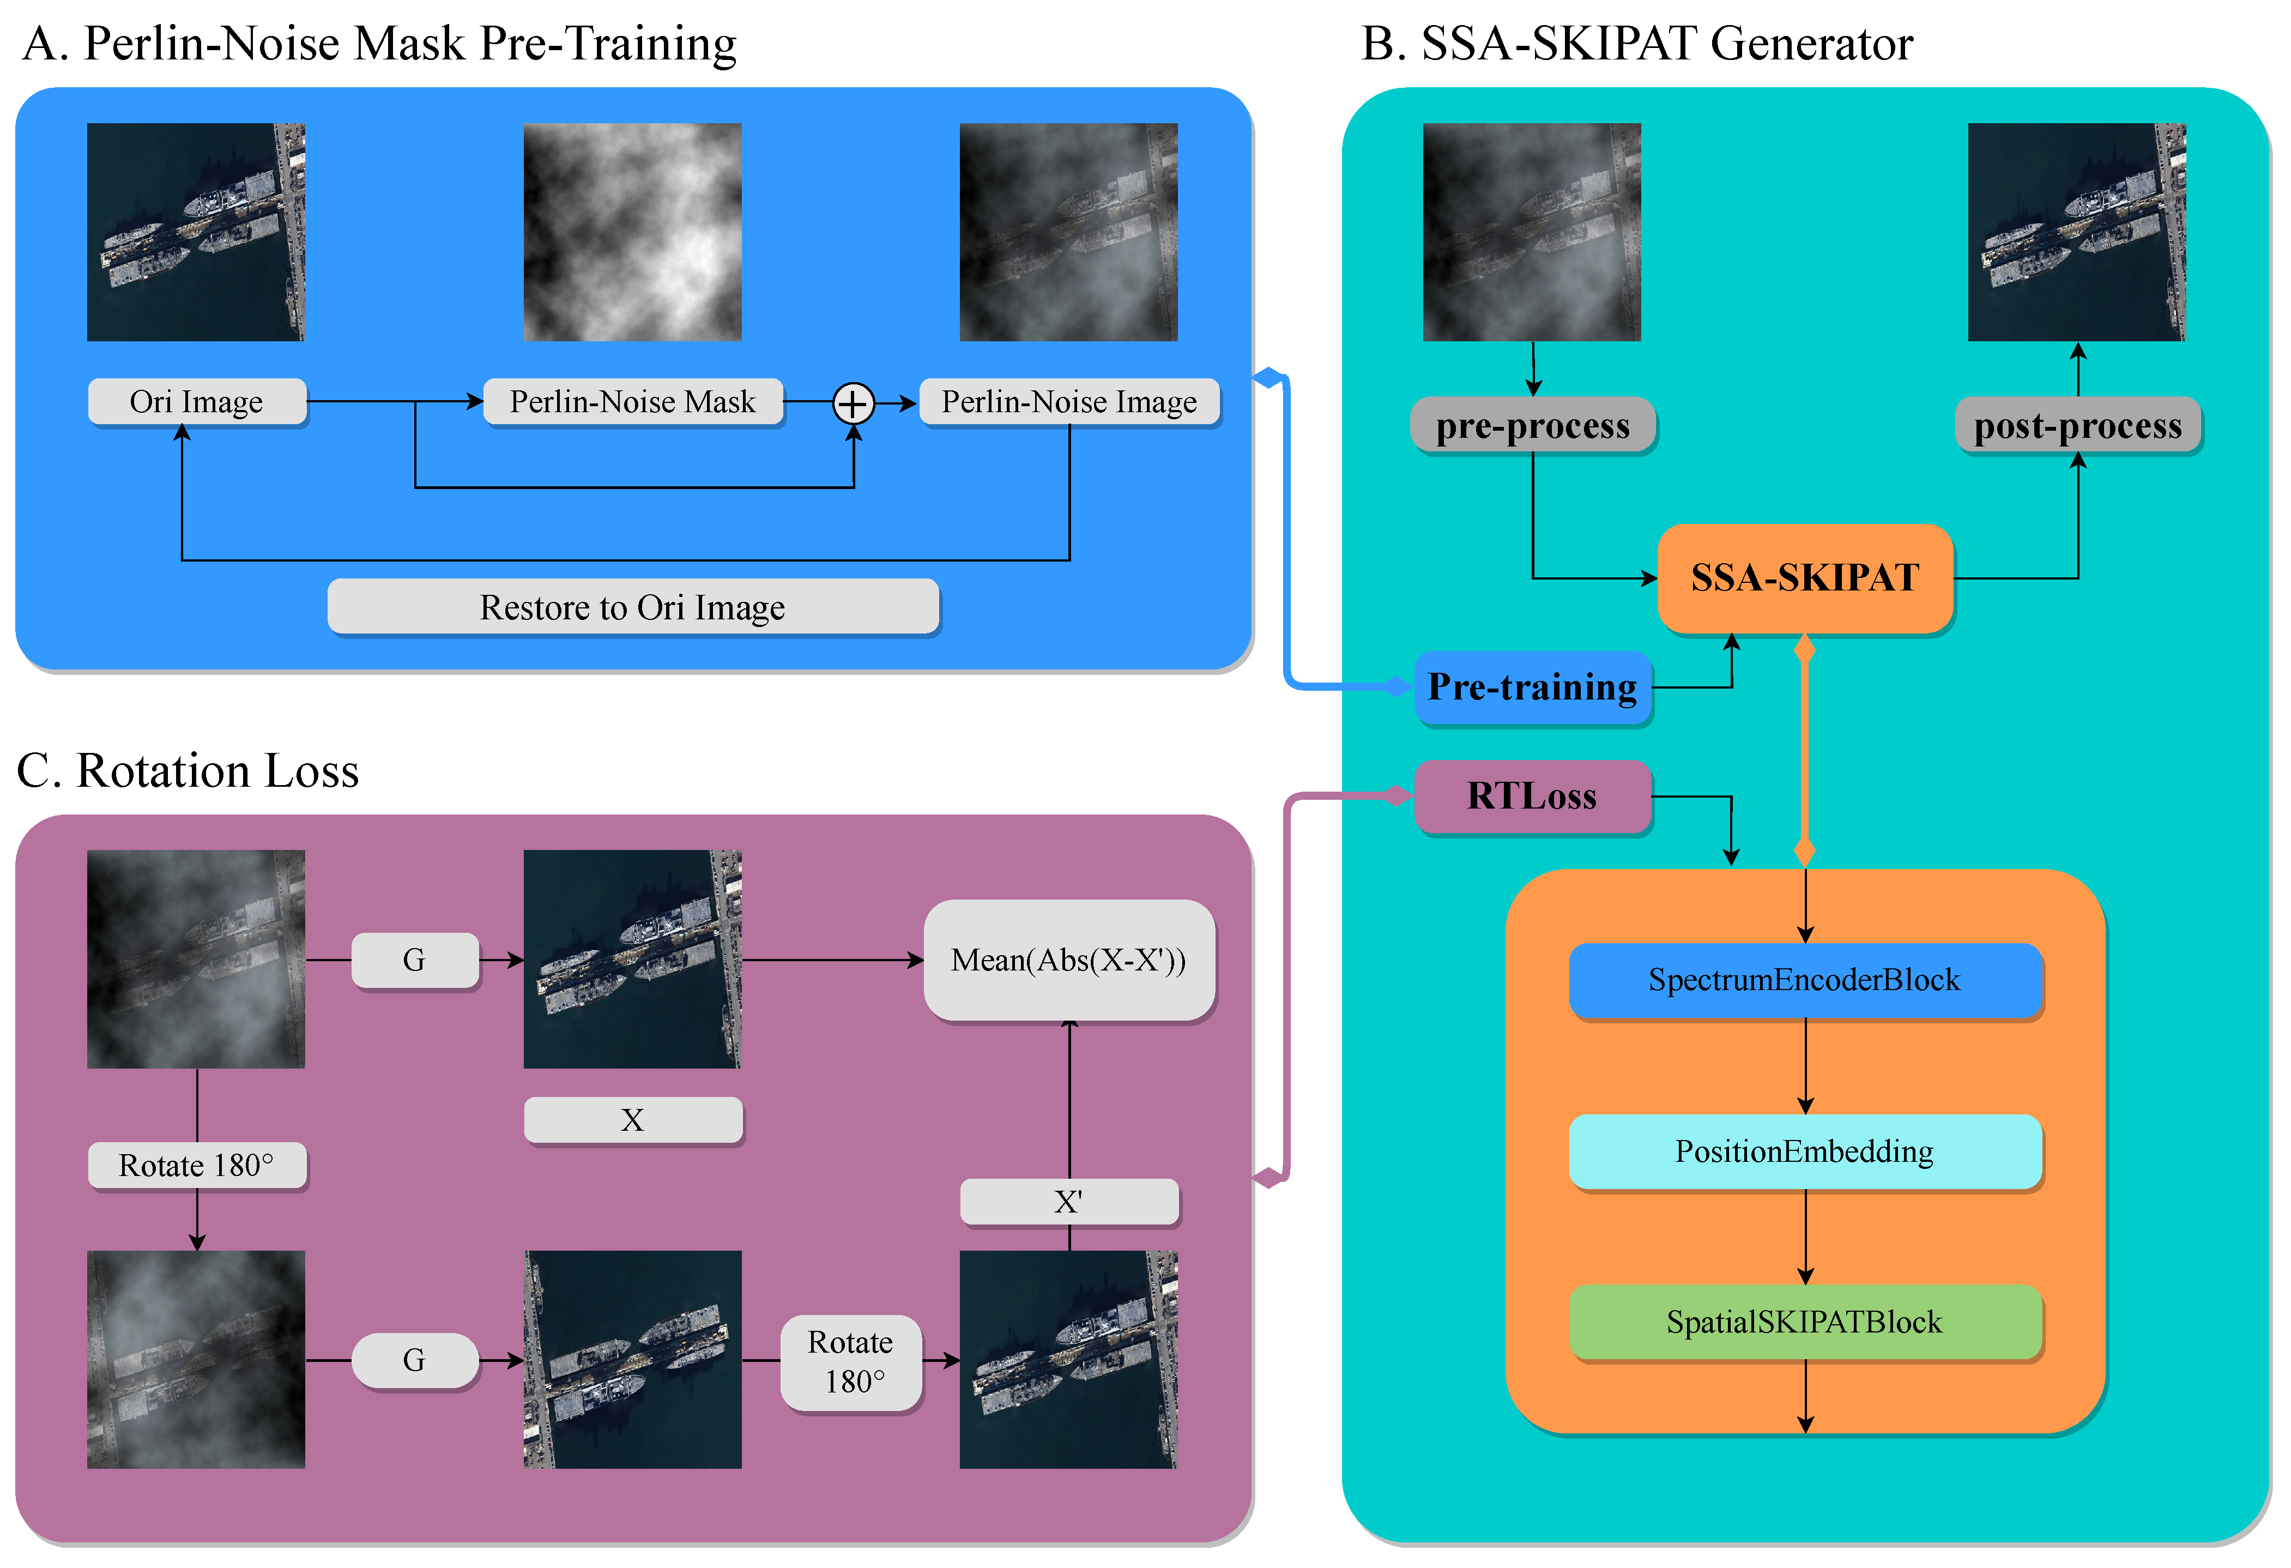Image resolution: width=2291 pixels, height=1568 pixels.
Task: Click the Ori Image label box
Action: point(196,401)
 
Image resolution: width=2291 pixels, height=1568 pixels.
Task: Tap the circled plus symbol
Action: point(853,403)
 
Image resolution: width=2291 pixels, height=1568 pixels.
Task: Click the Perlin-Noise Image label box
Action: point(1068,401)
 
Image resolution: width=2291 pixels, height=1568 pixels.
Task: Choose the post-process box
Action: point(2077,425)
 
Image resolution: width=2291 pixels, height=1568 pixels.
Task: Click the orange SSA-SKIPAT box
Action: point(1804,578)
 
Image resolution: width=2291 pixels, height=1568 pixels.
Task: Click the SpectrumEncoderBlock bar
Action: point(1804,979)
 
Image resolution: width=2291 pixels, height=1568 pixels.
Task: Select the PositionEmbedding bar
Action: point(1804,1151)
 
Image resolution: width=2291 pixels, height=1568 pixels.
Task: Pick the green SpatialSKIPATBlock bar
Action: point(1804,1322)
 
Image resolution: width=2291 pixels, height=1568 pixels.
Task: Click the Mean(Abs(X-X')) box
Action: point(1068,960)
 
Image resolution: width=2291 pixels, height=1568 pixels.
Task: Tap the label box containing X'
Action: point(1068,1201)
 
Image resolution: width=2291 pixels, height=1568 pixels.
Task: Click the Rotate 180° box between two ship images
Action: point(851,1362)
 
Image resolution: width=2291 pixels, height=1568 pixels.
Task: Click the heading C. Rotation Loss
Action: point(188,770)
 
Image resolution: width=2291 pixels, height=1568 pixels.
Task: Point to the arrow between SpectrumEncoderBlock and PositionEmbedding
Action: point(1805,1066)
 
